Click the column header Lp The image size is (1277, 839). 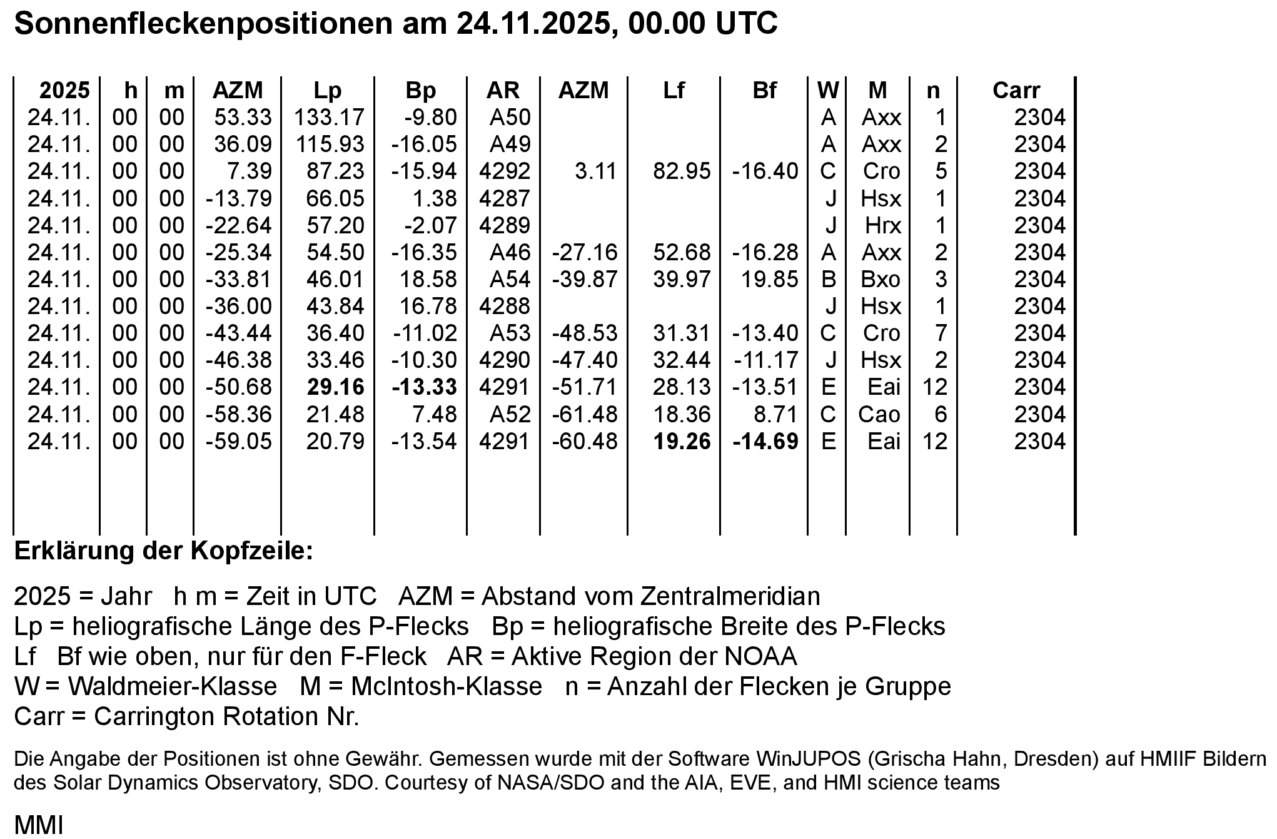click(327, 91)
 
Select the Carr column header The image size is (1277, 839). click(1016, 91)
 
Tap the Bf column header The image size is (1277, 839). click(764, 91)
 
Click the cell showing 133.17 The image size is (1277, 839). click(329, 118)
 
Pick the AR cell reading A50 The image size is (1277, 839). click(510, 118)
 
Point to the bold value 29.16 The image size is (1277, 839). click(335, 387)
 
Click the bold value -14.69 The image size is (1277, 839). click(765, 442)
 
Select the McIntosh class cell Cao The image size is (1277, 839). click(879, 414)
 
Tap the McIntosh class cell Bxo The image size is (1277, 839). click(880, 279)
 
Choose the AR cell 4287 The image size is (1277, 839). click(504, 198)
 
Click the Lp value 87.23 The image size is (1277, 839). click(335, 171)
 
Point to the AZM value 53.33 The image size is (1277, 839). click(243, 118)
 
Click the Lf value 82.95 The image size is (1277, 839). click(682, 171)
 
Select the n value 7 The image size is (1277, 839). click(941, 333)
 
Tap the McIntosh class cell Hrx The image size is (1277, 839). click(883, 225)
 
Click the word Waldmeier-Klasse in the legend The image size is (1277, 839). click(172, 686)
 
